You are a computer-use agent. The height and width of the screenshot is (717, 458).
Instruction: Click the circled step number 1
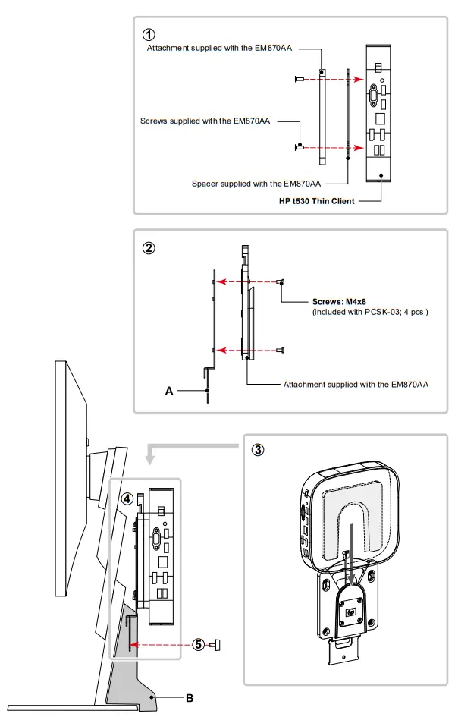pyautogui.click(x=149, y=34)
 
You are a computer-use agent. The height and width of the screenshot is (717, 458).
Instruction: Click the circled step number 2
pyautogui.click(x=149, y=247)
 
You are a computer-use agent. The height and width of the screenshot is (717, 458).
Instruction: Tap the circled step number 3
pyautogui.click(x=258, y=449)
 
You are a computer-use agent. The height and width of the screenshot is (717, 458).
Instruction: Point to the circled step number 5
pyautogui.click(x=199, y=645)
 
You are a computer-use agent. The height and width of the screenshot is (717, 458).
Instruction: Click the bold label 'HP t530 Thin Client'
pyautogui.click(x=317, y=201)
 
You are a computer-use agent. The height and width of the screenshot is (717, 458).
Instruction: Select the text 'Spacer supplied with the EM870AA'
pyautogui.click(x=256, y=183)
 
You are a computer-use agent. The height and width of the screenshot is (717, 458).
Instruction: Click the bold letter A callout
pyautogui.click(x=170, y=390)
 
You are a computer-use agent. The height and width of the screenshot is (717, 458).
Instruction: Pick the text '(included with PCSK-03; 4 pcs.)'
pyautogui.click(x=370, y=312)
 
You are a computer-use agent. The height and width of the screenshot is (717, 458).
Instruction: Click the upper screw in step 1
pyautogui.click(x=300, y=79)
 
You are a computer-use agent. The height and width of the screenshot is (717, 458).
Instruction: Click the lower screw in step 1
pyautogui.click(x=301, y=146)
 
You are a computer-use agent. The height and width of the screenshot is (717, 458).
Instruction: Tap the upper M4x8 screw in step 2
pyautogui.click(x=281, y=281)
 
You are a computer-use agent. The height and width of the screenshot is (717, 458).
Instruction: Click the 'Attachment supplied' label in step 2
pyautogui.click(x=356, y=385)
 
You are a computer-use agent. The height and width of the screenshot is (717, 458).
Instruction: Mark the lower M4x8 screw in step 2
pyautogui.click(x=281, y=350)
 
